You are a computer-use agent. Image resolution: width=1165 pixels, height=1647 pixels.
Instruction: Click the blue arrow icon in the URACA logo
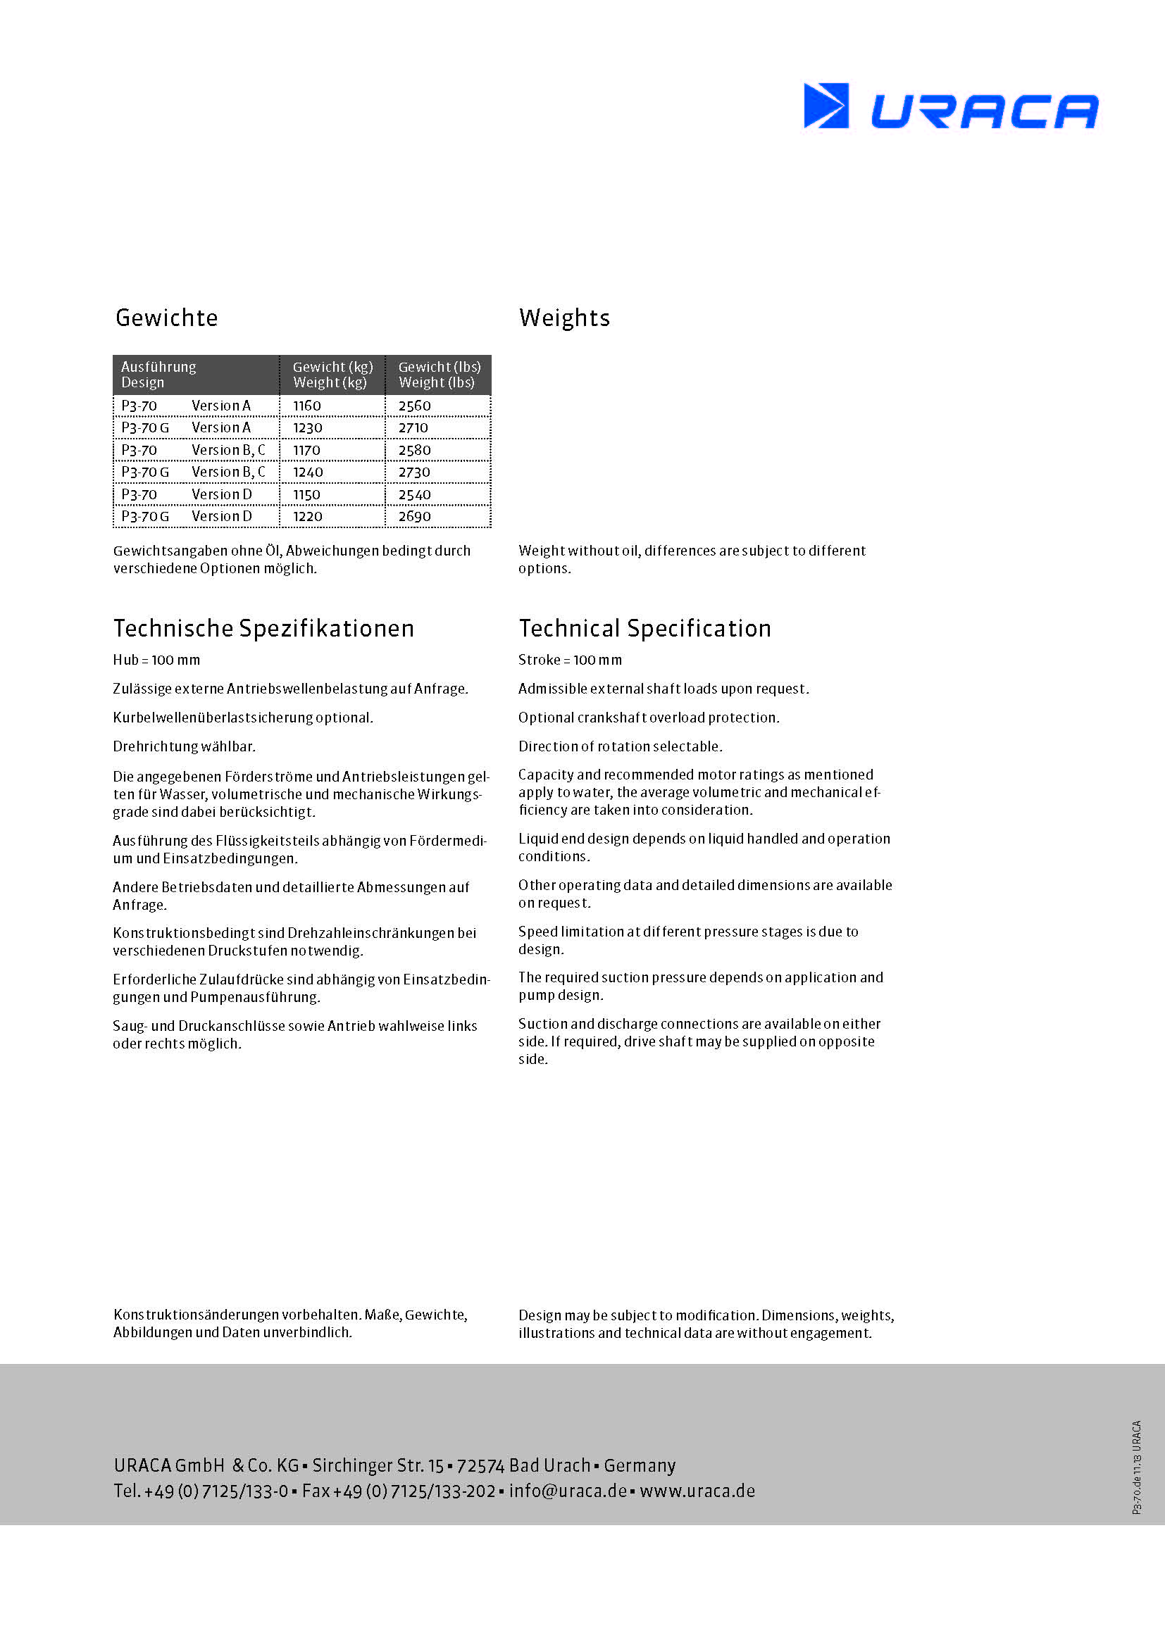[x=826, y=106]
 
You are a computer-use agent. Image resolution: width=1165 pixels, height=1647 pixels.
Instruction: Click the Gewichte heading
[x=166, y=318]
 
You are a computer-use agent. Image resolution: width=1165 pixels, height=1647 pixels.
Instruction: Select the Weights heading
[x=564, y=318]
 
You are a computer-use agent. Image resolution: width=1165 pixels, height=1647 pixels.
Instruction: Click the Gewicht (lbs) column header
[x=439, y=375]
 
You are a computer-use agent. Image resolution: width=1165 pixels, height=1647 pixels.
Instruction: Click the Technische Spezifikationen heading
[x=263, y=628]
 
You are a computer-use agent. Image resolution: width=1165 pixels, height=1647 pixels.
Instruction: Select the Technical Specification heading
[x=645, y=628]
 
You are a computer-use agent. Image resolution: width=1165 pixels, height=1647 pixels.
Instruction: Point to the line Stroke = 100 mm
[x=571, y=660]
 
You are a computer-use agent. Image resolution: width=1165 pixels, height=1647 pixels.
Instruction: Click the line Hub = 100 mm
[x=156, y=660]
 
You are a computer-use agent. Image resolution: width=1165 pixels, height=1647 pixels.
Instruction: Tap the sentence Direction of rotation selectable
[x=621, y=746]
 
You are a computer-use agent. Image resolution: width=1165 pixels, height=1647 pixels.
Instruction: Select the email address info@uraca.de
[x=568, y=1491]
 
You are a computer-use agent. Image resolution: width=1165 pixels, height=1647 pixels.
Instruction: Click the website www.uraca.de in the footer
[x=697, y=1491]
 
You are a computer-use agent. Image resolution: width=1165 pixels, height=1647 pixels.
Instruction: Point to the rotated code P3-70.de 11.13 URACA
[x=1136, y=1467]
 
